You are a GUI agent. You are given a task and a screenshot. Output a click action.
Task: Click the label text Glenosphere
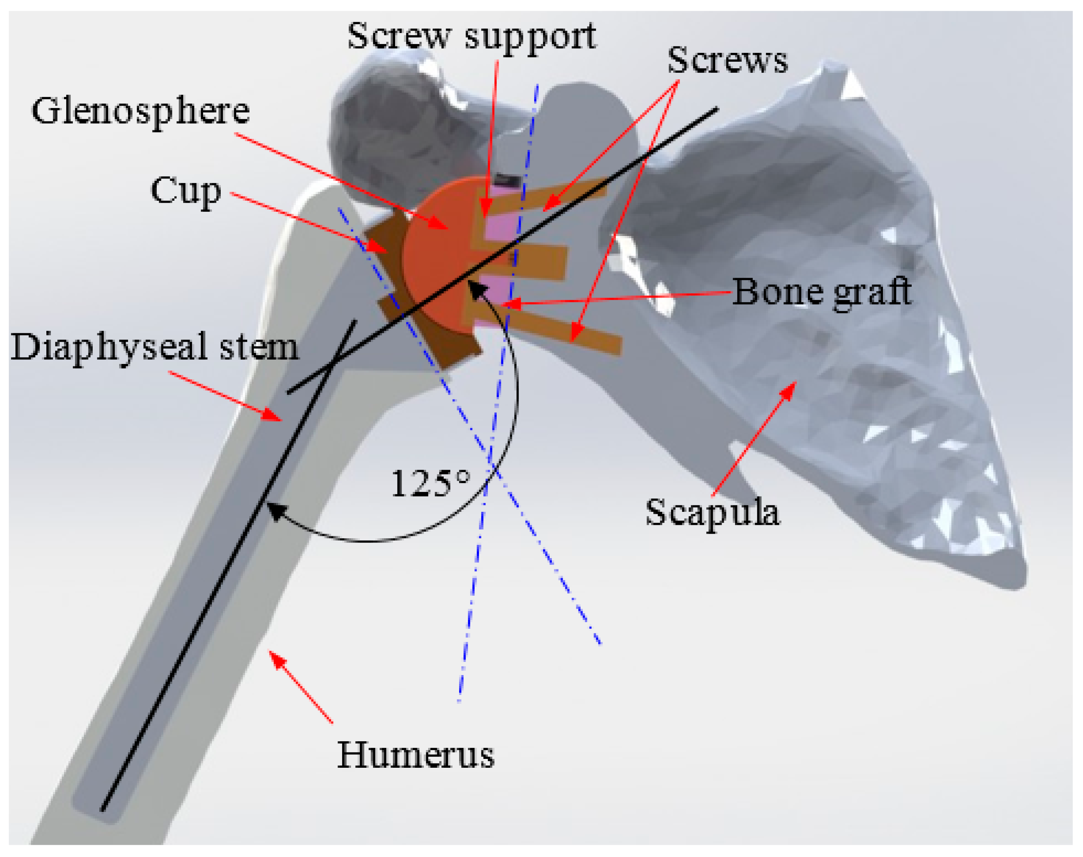pos(141,112)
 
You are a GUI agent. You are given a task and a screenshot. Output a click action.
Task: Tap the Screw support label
pos(471,37)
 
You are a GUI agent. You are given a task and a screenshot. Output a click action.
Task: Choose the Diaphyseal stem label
pos(154,347)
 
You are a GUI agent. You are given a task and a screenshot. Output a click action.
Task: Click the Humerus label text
pos(415,755)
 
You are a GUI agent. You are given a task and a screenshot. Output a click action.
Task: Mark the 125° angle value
pos(431,484)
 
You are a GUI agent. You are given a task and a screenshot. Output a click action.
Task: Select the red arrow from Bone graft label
pos(617,298)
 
